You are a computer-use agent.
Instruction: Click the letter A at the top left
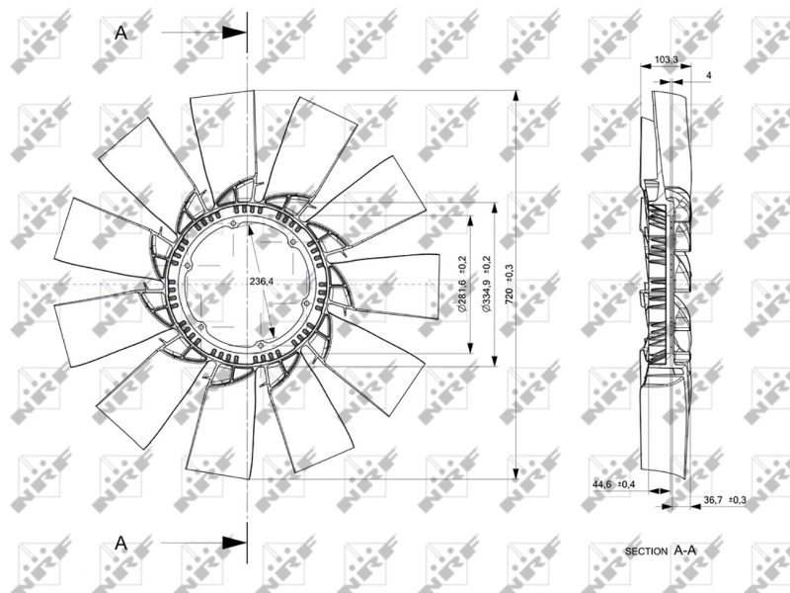click(121, 32)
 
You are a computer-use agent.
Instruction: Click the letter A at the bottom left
click(121, 542)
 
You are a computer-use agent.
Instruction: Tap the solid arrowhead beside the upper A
click(234, 32)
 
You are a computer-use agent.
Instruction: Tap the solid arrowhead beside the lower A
click(234, 542)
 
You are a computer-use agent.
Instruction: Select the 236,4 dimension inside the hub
click(262, 282)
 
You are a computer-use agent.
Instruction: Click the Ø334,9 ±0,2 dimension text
click(486, 285)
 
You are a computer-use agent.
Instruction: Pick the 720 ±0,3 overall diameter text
click(510, 285)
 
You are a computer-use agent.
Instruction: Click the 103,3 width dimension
click(667, 60)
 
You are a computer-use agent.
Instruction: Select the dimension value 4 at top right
click(709, 76)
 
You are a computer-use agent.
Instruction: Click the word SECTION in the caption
click(647, 549)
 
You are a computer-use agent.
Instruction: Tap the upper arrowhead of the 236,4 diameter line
click(251, 231)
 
